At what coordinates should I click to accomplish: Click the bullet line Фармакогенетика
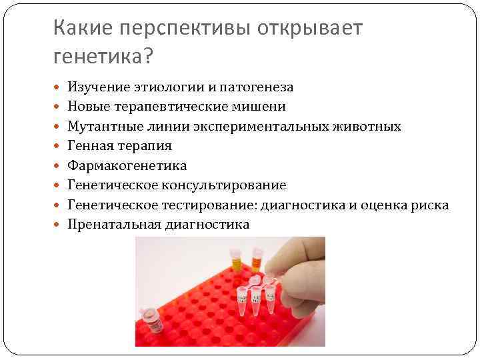pyautogui.click(x=127, y=165)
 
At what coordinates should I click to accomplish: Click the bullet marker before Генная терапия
pyautogui.click(x=58, y=145)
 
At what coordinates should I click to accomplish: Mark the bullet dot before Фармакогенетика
pyautogui.click(x=58, y=165)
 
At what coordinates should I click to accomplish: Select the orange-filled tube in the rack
pyautogui.click(x=256, y=257)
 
